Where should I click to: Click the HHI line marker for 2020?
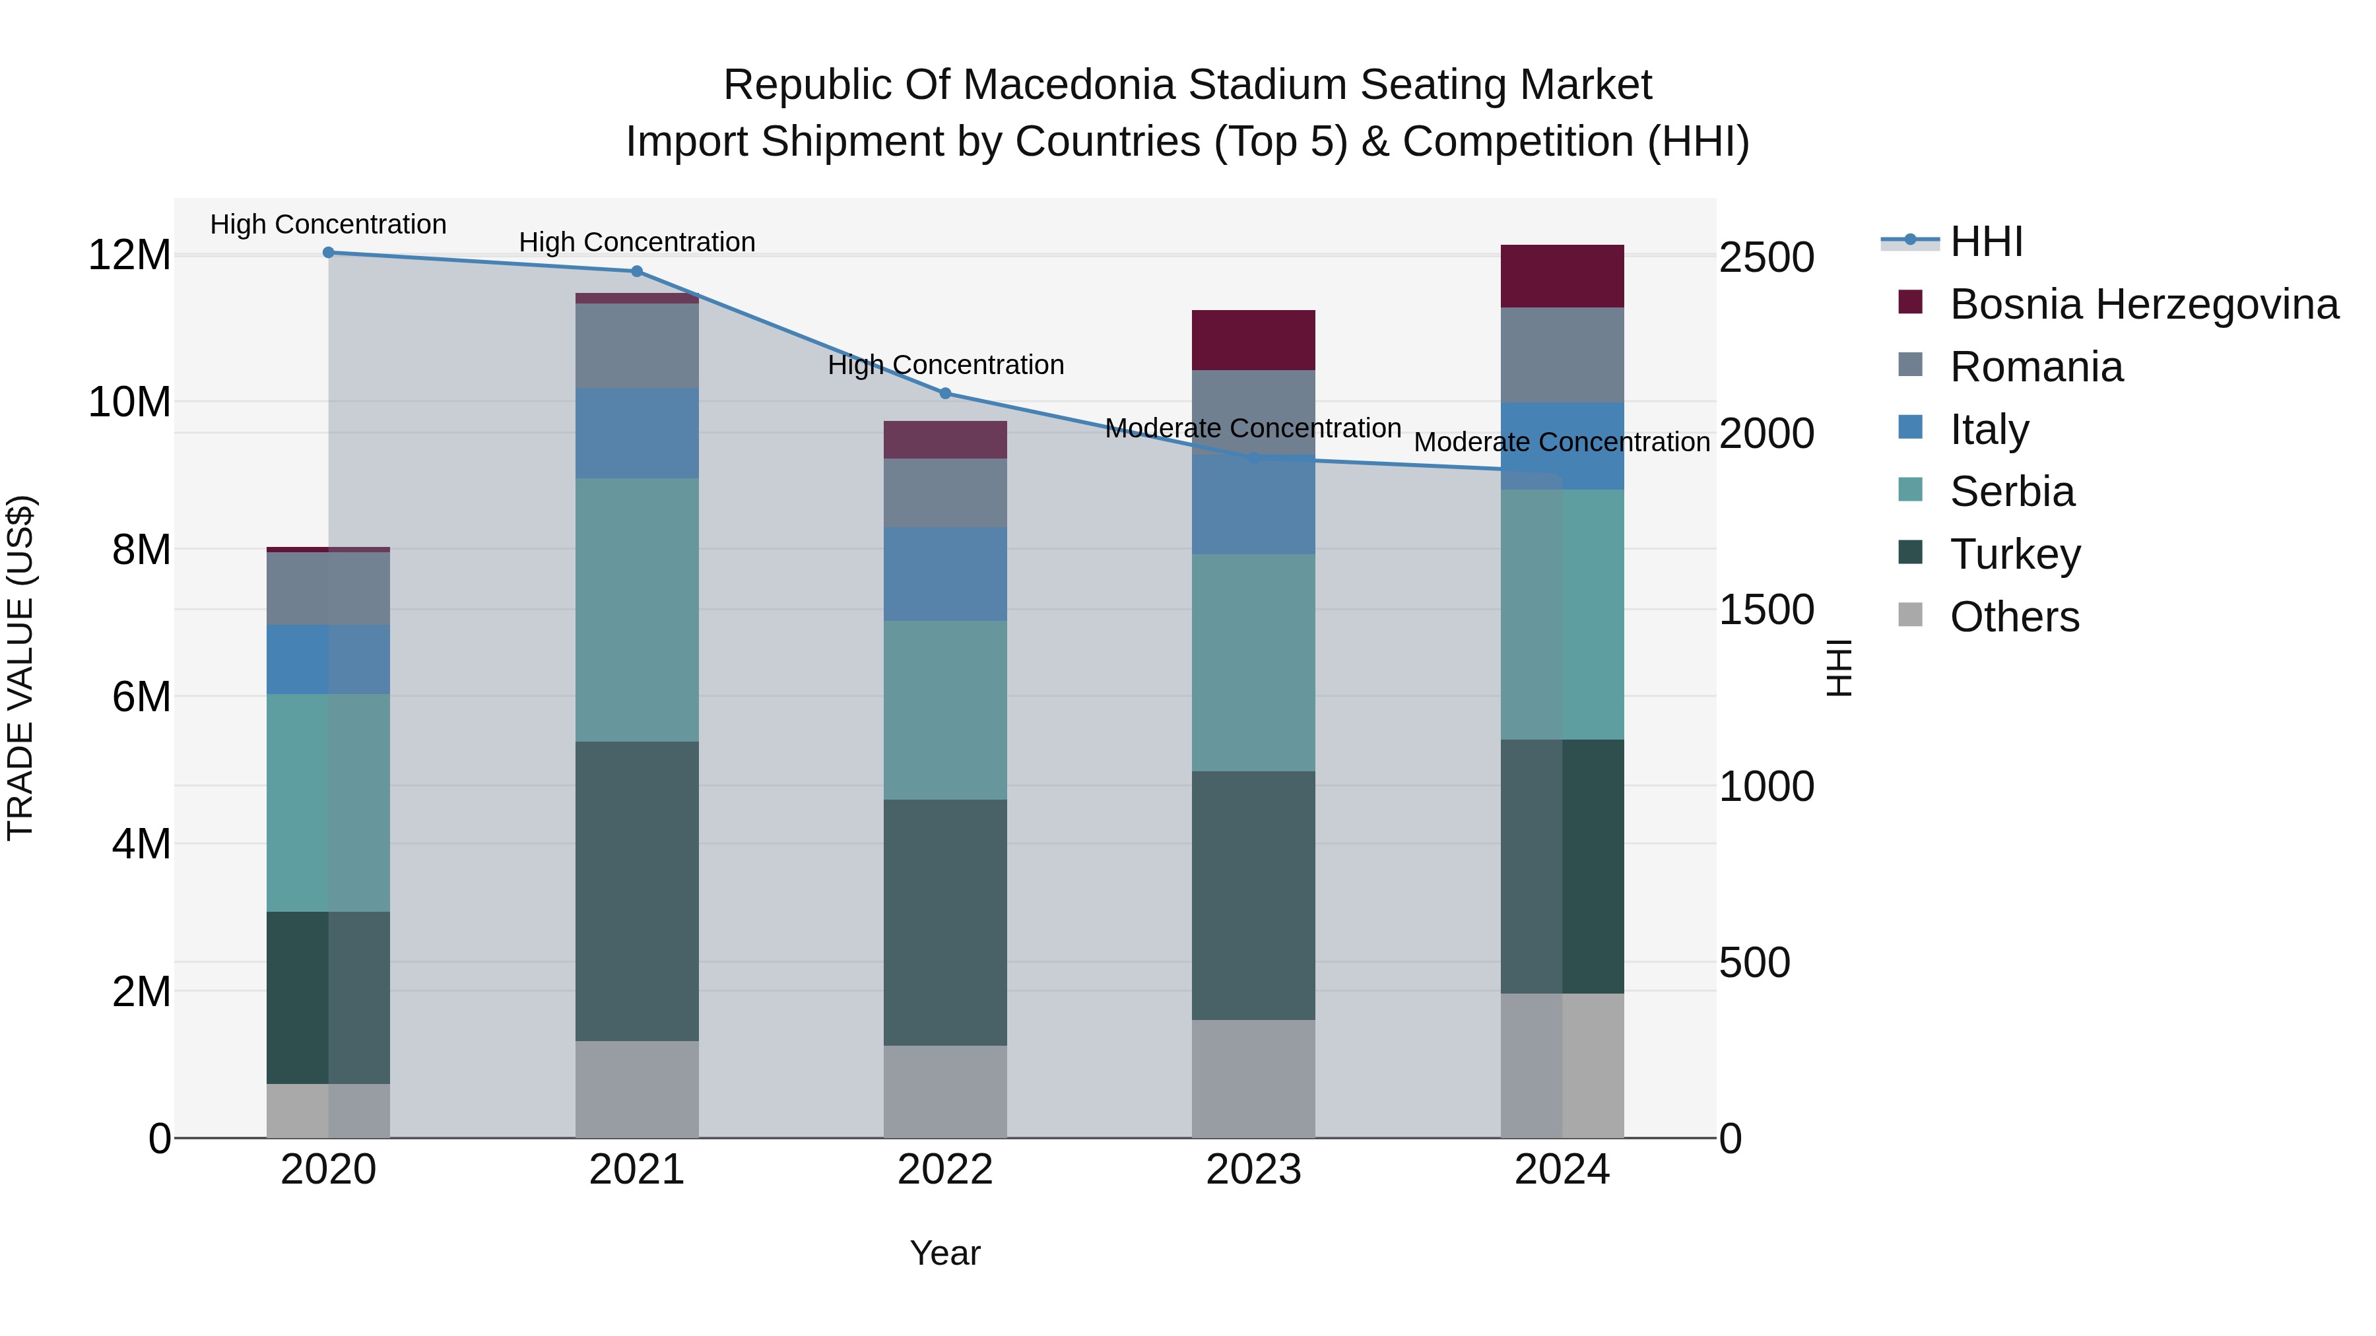329,253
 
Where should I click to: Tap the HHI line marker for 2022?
945,394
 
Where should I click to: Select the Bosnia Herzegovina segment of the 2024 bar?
1562,276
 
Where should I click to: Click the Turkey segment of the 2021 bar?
636,891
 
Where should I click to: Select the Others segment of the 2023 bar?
1253,1078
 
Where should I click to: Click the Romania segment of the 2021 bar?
636,346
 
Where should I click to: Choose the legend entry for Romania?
2035,367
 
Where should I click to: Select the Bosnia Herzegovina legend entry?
2142,304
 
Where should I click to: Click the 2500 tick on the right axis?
1766,257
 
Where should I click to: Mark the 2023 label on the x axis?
1253,1170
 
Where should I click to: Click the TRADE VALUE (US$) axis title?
20,668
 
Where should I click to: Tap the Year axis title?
944,1253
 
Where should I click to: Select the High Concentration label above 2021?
636,243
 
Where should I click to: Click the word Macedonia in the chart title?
1070,85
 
